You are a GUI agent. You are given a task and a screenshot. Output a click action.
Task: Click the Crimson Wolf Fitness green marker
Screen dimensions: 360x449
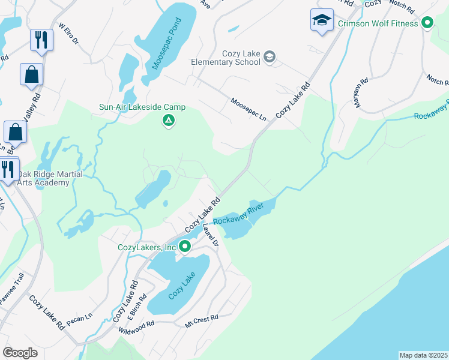tap(427, 23)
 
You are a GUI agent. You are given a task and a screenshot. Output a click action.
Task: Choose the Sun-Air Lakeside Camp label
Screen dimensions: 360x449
tap(142, 107)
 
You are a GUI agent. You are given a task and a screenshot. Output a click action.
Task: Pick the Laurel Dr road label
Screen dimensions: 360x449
tap(211, 235)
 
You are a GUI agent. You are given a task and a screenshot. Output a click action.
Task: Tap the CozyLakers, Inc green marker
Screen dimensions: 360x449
tap(185, 246)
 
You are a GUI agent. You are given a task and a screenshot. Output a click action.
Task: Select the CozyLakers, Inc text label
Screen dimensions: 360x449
tap(146, 247)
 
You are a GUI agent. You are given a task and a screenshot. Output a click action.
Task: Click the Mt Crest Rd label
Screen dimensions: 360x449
tap(201, 320)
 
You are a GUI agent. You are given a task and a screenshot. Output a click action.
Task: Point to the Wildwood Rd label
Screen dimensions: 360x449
tap(136, 326)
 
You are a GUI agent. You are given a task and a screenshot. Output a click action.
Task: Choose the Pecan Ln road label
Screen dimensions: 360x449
tap(80, 319)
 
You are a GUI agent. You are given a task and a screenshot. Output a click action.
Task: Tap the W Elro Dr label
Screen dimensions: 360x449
tap(68, 34)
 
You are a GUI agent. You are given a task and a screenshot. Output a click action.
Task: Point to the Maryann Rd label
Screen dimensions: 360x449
tap(360, 94)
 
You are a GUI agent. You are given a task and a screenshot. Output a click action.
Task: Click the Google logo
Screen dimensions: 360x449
tap(20, 353)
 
